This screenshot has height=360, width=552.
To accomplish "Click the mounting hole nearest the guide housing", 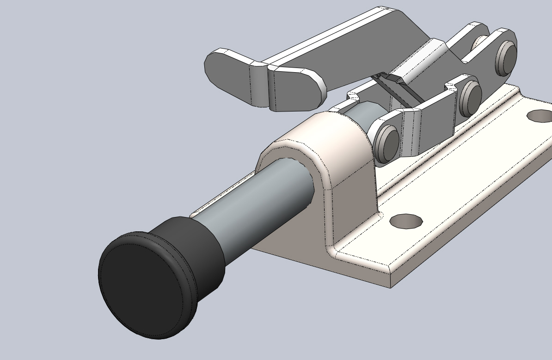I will pyautogui.click(x=406, y=221).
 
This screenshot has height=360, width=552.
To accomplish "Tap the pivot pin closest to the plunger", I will pyautogui.click(x=387, y=141).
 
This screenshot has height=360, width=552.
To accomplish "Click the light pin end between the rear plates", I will pyautogui.click(x=481, y=44).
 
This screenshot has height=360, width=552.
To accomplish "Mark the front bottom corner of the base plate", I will pyautogui.click(x=391, y=287).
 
